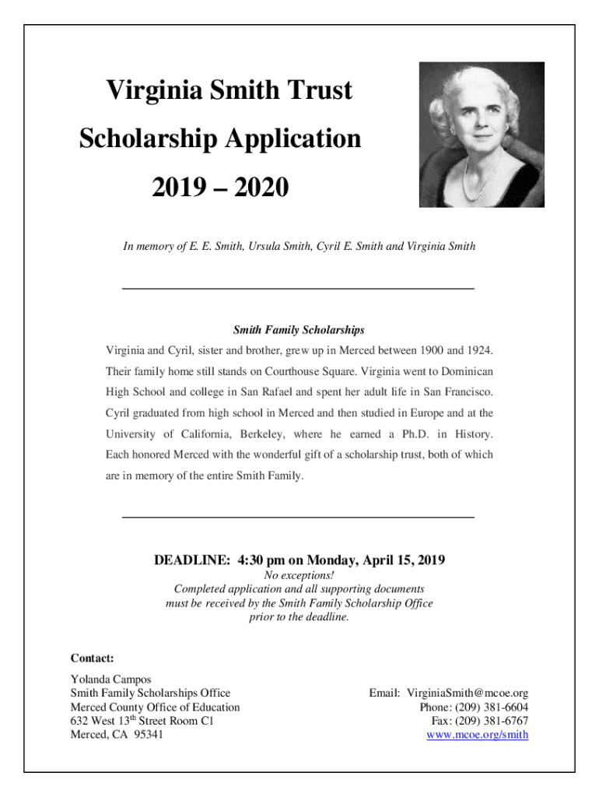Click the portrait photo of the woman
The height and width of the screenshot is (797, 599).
coord(482,135)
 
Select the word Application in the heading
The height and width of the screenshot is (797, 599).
coord(293,139)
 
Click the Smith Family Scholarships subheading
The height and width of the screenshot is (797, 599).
coord(299,330)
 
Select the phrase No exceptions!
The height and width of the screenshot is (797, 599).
coord(299,575)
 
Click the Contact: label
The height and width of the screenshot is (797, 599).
coord(93,658)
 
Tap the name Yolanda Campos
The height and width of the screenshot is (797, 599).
coord(111,679)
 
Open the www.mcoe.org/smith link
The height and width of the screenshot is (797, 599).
coord(478,735)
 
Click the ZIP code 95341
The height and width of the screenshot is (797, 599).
coord(149,735)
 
